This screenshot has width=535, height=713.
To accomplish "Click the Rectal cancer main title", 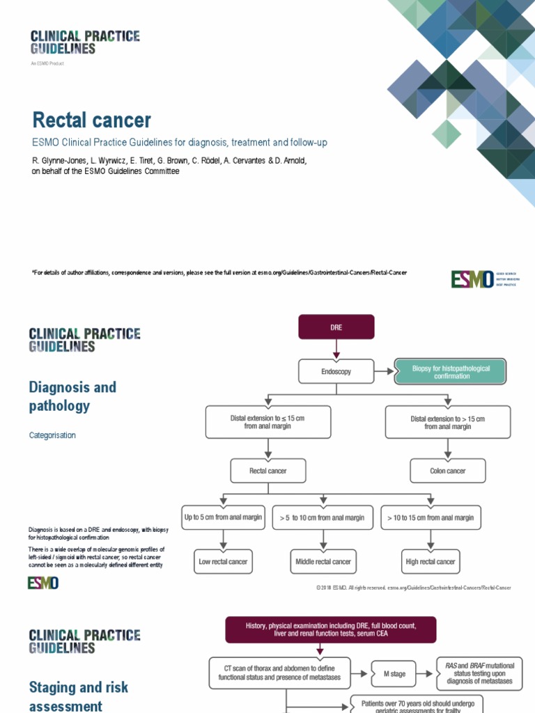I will tap(91, 120).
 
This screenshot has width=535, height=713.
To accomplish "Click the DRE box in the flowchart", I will tap(336, 327).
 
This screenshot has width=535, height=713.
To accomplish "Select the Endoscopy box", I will tap(336, 372).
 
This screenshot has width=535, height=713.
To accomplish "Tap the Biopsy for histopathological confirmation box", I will tap(450, 372).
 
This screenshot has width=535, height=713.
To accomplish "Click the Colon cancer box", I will tap(447, 471).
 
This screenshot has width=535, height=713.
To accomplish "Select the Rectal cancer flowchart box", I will tap(267, 471).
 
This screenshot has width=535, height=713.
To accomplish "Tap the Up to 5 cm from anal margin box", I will tap(223, 517).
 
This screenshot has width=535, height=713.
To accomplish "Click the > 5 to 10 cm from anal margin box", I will tap(322, 517).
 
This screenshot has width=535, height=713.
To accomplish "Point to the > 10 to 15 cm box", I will tap(431, 517).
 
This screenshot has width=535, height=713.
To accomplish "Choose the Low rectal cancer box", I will tap(223, 561).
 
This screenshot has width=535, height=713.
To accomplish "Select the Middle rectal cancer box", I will tap(322, 561).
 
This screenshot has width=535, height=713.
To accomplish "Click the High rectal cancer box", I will tap(431, 561).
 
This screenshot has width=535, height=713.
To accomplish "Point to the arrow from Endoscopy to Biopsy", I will tap(384, 372).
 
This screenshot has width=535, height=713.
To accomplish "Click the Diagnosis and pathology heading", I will tap(72, 396).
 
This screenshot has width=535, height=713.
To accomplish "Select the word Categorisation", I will tap(52, 435).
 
